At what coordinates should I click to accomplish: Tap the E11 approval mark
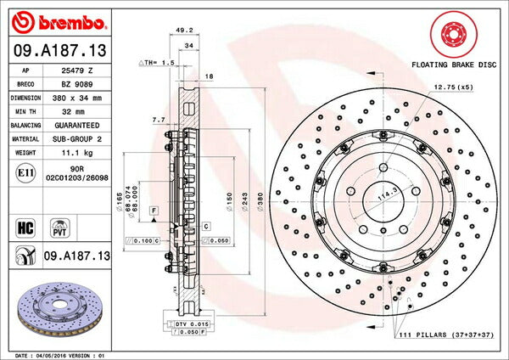pos(25,172)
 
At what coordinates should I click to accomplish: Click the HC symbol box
pos(25,228)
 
